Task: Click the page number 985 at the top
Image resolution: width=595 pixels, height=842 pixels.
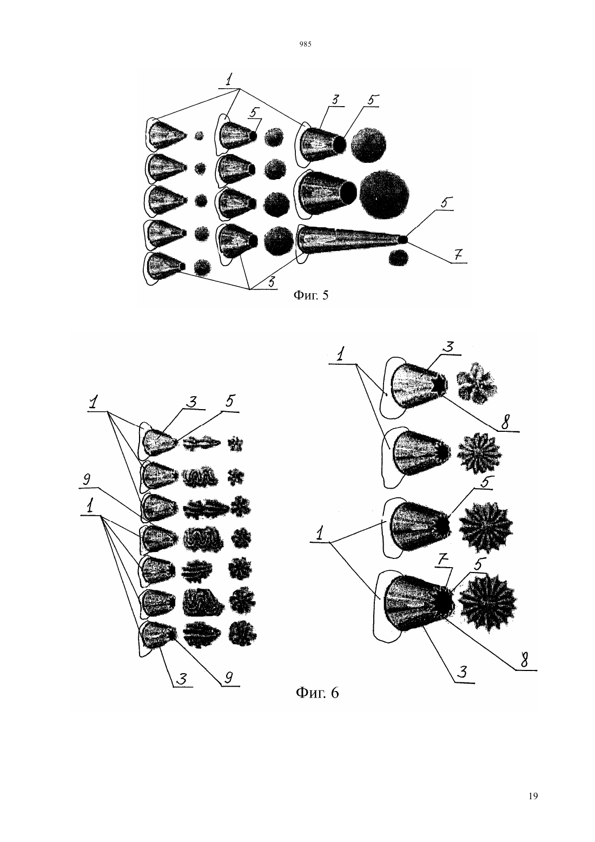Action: [306, 44]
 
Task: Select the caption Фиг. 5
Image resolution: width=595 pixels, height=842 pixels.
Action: [310, 295]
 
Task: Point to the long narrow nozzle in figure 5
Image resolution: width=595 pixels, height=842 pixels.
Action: [351, 240]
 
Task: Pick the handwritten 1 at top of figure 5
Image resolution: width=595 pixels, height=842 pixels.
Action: [229, 80]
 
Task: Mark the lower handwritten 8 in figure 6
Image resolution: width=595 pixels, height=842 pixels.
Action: [524, 660]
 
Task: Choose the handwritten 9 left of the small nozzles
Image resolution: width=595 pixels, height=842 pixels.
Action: [87, 480]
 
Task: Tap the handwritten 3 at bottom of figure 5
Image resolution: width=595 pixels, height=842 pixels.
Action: [271, 282]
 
